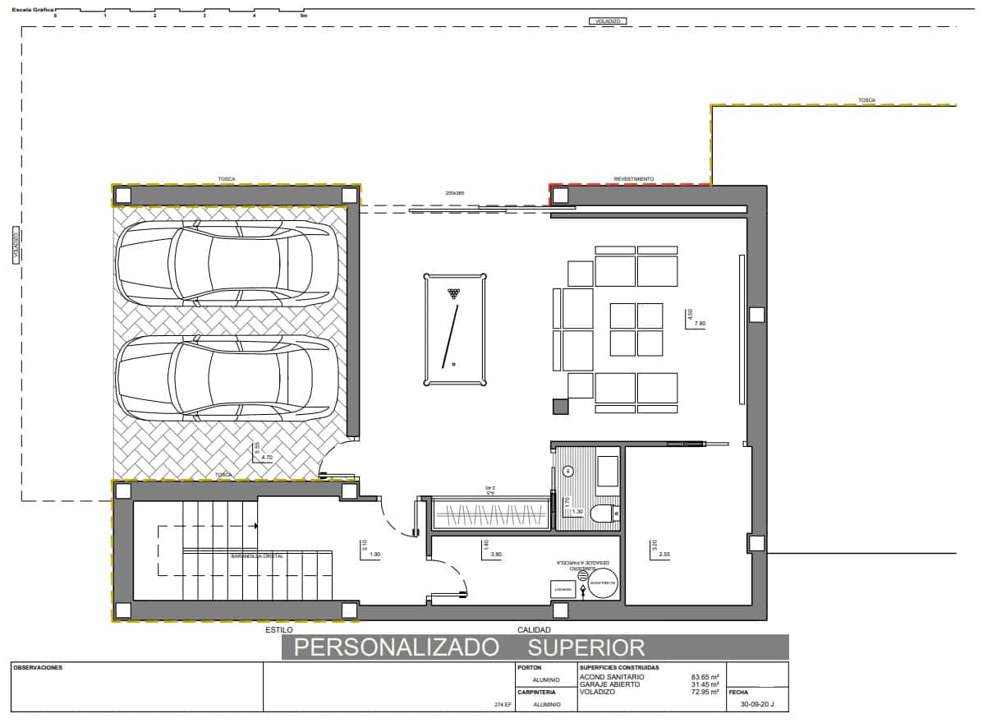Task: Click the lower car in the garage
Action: point(227,379)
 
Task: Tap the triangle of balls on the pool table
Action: point(453,292)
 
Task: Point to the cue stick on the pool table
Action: point(449,337)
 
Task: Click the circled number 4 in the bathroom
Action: point(567,472)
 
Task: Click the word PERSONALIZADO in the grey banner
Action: point(397,647)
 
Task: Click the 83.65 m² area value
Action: point(705,677)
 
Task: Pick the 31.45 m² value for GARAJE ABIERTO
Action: point(705,684)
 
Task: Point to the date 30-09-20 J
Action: point(757,704)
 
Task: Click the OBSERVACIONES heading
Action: point(38,668)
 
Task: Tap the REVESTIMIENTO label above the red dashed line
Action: point(634,178)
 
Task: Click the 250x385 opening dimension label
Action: point(455,193)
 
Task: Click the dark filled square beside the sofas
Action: point(560,406)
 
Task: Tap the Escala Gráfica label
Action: point(28,10)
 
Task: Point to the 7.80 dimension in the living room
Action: point(700,324)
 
